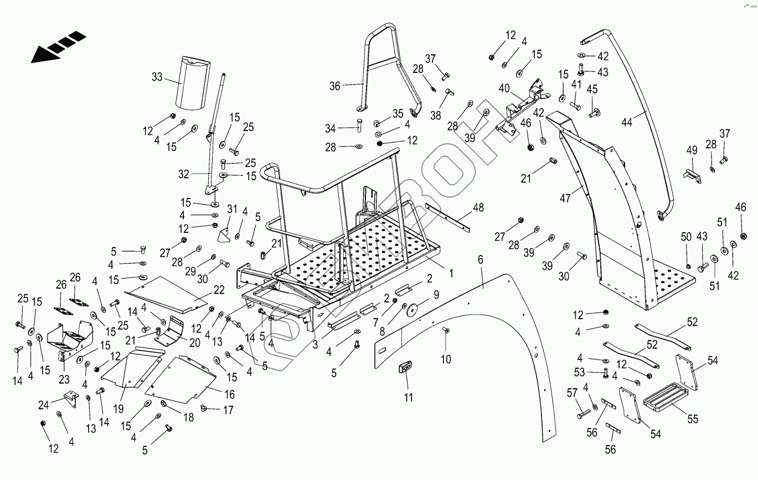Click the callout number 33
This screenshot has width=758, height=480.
tap(157, 77)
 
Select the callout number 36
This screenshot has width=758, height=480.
tap(335, 86)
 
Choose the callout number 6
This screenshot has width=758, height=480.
tap(480, 259)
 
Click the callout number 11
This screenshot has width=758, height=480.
tap(408, 396)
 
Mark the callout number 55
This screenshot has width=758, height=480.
tap(693, 420)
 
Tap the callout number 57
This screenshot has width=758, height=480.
tap(572, 393)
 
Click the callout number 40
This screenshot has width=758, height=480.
tap(504, 88)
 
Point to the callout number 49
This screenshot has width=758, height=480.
tap(692, 150)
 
